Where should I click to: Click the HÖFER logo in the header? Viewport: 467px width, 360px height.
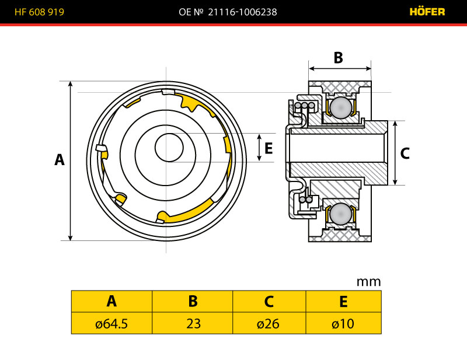tap(427, 12)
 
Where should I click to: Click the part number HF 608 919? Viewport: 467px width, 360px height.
tap(40, 12)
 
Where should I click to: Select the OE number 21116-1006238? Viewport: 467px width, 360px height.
tap(242, 12)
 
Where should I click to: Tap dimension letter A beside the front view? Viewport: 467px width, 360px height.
tap(59, 159)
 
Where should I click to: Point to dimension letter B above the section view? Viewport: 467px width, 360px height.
tap(338, 58)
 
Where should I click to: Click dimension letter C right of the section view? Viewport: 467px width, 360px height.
tap(405, 153)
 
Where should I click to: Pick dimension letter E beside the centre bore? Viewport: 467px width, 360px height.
tap(269, 148)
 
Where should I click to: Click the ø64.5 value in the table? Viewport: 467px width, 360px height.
tap(111, 323)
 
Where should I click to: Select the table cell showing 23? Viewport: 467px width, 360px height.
tap(193, 323)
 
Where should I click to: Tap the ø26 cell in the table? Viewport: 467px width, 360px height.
tap(269, 323)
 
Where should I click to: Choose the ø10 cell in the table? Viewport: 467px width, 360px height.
tap(343, 323)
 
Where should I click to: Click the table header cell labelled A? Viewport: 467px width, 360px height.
tap(111, 301)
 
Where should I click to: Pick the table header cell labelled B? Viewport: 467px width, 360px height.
tap(193, 301)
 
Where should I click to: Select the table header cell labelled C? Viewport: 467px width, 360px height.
tap(269, 301)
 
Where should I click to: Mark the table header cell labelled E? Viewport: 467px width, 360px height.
tap(343, 301)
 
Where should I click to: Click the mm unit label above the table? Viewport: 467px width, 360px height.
tap(368, 282)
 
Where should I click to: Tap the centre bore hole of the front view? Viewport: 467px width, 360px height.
tap(168, 148)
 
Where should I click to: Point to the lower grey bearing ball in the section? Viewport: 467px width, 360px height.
tap(341, 214)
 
